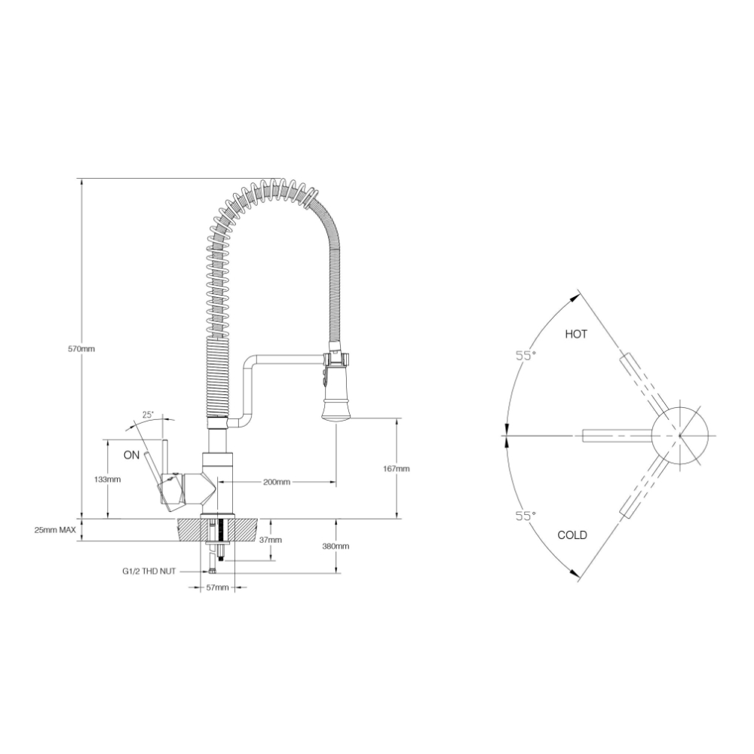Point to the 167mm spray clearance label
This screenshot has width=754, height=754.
[397, 468]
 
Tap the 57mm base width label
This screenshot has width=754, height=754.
[217, 587]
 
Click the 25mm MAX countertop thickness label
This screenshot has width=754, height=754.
[55, 530]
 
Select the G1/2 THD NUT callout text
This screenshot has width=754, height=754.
[149, 572]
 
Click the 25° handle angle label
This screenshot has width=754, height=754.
[148, 415]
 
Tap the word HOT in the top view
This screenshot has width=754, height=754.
[576, 334]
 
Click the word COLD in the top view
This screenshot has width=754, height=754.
[572, 535]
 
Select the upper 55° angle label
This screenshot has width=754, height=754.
[526, 356]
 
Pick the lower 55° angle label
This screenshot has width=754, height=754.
[526, 516]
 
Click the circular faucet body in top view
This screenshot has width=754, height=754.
[681, 434]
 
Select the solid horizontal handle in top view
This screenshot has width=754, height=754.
[616, 434]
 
